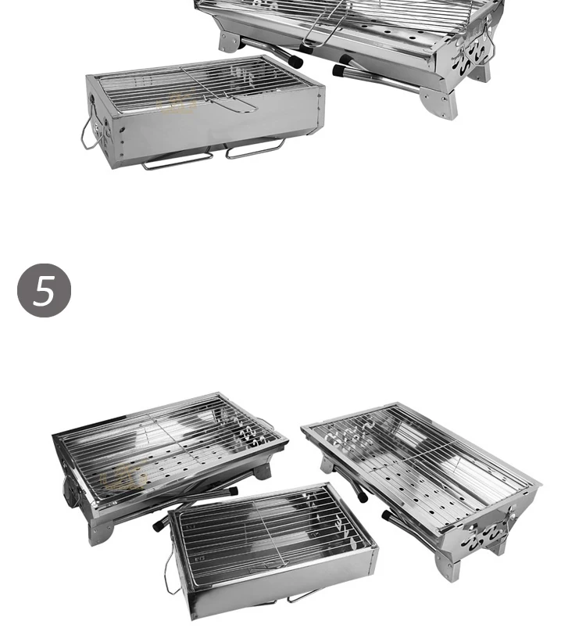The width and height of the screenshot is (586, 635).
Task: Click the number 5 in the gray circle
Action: [45, 290]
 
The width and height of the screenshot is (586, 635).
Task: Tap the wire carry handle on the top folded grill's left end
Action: [88, 134]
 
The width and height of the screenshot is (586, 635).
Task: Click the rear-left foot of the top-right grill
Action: [229, 41]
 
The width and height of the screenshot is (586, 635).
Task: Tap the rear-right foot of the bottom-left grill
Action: [263, 471]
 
